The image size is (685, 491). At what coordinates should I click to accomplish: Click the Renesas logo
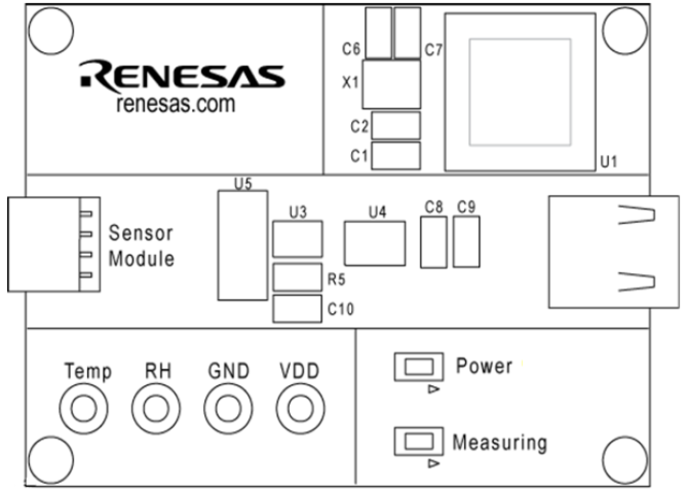pyautogui.click(x=182, y=76)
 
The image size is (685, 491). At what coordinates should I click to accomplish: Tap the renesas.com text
pyautogui.click(x=176, y=104)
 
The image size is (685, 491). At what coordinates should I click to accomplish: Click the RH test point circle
pyautogui.click(x=155, y=408)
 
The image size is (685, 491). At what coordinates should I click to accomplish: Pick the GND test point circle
pyautogui.click(x=227, y=408)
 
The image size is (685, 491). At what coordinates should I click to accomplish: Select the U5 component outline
pyautogui.click(x=243, y=245)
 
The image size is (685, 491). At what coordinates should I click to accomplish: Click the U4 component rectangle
pyautogui.click(x=375, y=243)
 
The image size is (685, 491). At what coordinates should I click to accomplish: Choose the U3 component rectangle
pyautogui.click(x=298, y=239)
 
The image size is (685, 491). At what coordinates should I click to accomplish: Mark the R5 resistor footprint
pyautogui.click(x=297, y=277)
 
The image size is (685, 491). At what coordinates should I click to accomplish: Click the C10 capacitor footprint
pyautogui.click(x=297, y=309)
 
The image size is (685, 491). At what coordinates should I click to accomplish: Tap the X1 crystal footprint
pyautogui.click(x=392, y=85)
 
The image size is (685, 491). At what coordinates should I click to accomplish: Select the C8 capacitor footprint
pyautogui.click(x=434, y=242)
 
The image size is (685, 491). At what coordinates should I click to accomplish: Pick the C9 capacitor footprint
pyautogui.click(x=466, y=242)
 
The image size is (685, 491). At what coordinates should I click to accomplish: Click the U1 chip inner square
pyautogui.click(x=520, y=92)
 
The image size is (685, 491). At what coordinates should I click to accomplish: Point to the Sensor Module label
pyautogui.click(x=141, y=245)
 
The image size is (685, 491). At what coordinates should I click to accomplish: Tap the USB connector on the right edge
pyautogui.click(x=614, y=252)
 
